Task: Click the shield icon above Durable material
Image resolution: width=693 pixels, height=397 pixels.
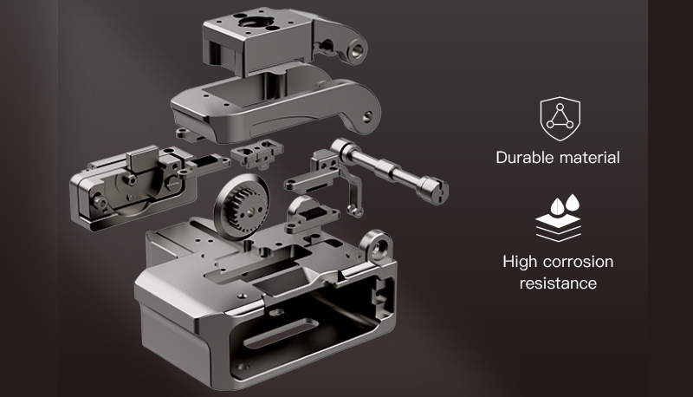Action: click(x=560, y=119)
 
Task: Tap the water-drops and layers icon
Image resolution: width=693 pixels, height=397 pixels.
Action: click(x=558, y=218)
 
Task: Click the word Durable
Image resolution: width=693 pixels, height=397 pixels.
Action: click(x=525, y=158)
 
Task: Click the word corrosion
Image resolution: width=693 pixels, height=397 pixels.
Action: click(x=578, y=262)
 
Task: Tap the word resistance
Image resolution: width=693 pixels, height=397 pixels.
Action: click(x=558, y=283)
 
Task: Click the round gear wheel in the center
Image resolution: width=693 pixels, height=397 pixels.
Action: click(x=242, y=207)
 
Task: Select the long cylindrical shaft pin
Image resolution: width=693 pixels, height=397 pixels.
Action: click(x=389, y=170)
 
